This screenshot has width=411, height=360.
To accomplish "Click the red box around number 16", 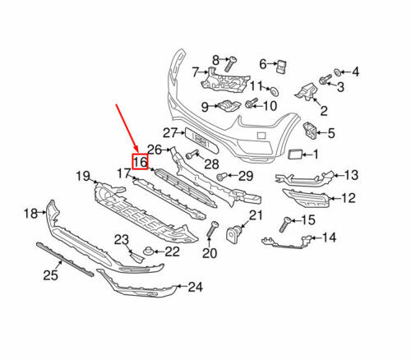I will pyautogui.click(x=140, y=162).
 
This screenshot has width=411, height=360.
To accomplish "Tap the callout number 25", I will pyautogui.click(x=51, y=275).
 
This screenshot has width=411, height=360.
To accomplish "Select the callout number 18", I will pyautogui.click(x=30, y=214).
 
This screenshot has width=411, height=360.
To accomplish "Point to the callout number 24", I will pyautogui.click(x=194, y=287).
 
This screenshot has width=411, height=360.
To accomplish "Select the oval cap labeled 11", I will pyautogui.click(x=273, y=90).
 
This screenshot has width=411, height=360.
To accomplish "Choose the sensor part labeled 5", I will pyautogui.click(x=312, y=129).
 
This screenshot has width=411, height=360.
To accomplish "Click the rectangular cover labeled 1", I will pyautogui.click(x=294, y=153).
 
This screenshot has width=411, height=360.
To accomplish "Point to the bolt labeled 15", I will pyautogui.click(x=288, y=221).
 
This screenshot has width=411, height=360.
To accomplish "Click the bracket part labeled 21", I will pyautogui.click(x=237, y=233).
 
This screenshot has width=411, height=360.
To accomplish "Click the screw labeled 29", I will pyautogui.click(x=222, y=176).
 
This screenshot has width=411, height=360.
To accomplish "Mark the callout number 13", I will pyautogui.click(x=351, y=174).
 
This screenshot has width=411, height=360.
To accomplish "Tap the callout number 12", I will pyautogui.click(x=349, y=197).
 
